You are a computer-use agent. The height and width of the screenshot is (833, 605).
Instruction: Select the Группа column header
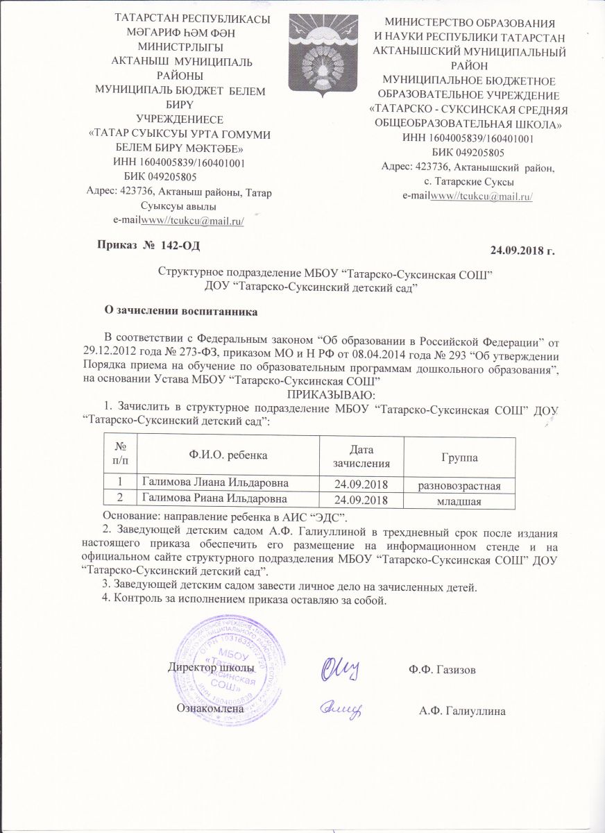click(461, 458)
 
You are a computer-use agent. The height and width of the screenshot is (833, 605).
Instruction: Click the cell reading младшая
click(461, 500)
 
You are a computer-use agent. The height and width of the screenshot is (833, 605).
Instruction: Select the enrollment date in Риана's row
click(360, 500)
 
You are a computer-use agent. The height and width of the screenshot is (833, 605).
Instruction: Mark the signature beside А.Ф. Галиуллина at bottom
click(341, 707)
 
